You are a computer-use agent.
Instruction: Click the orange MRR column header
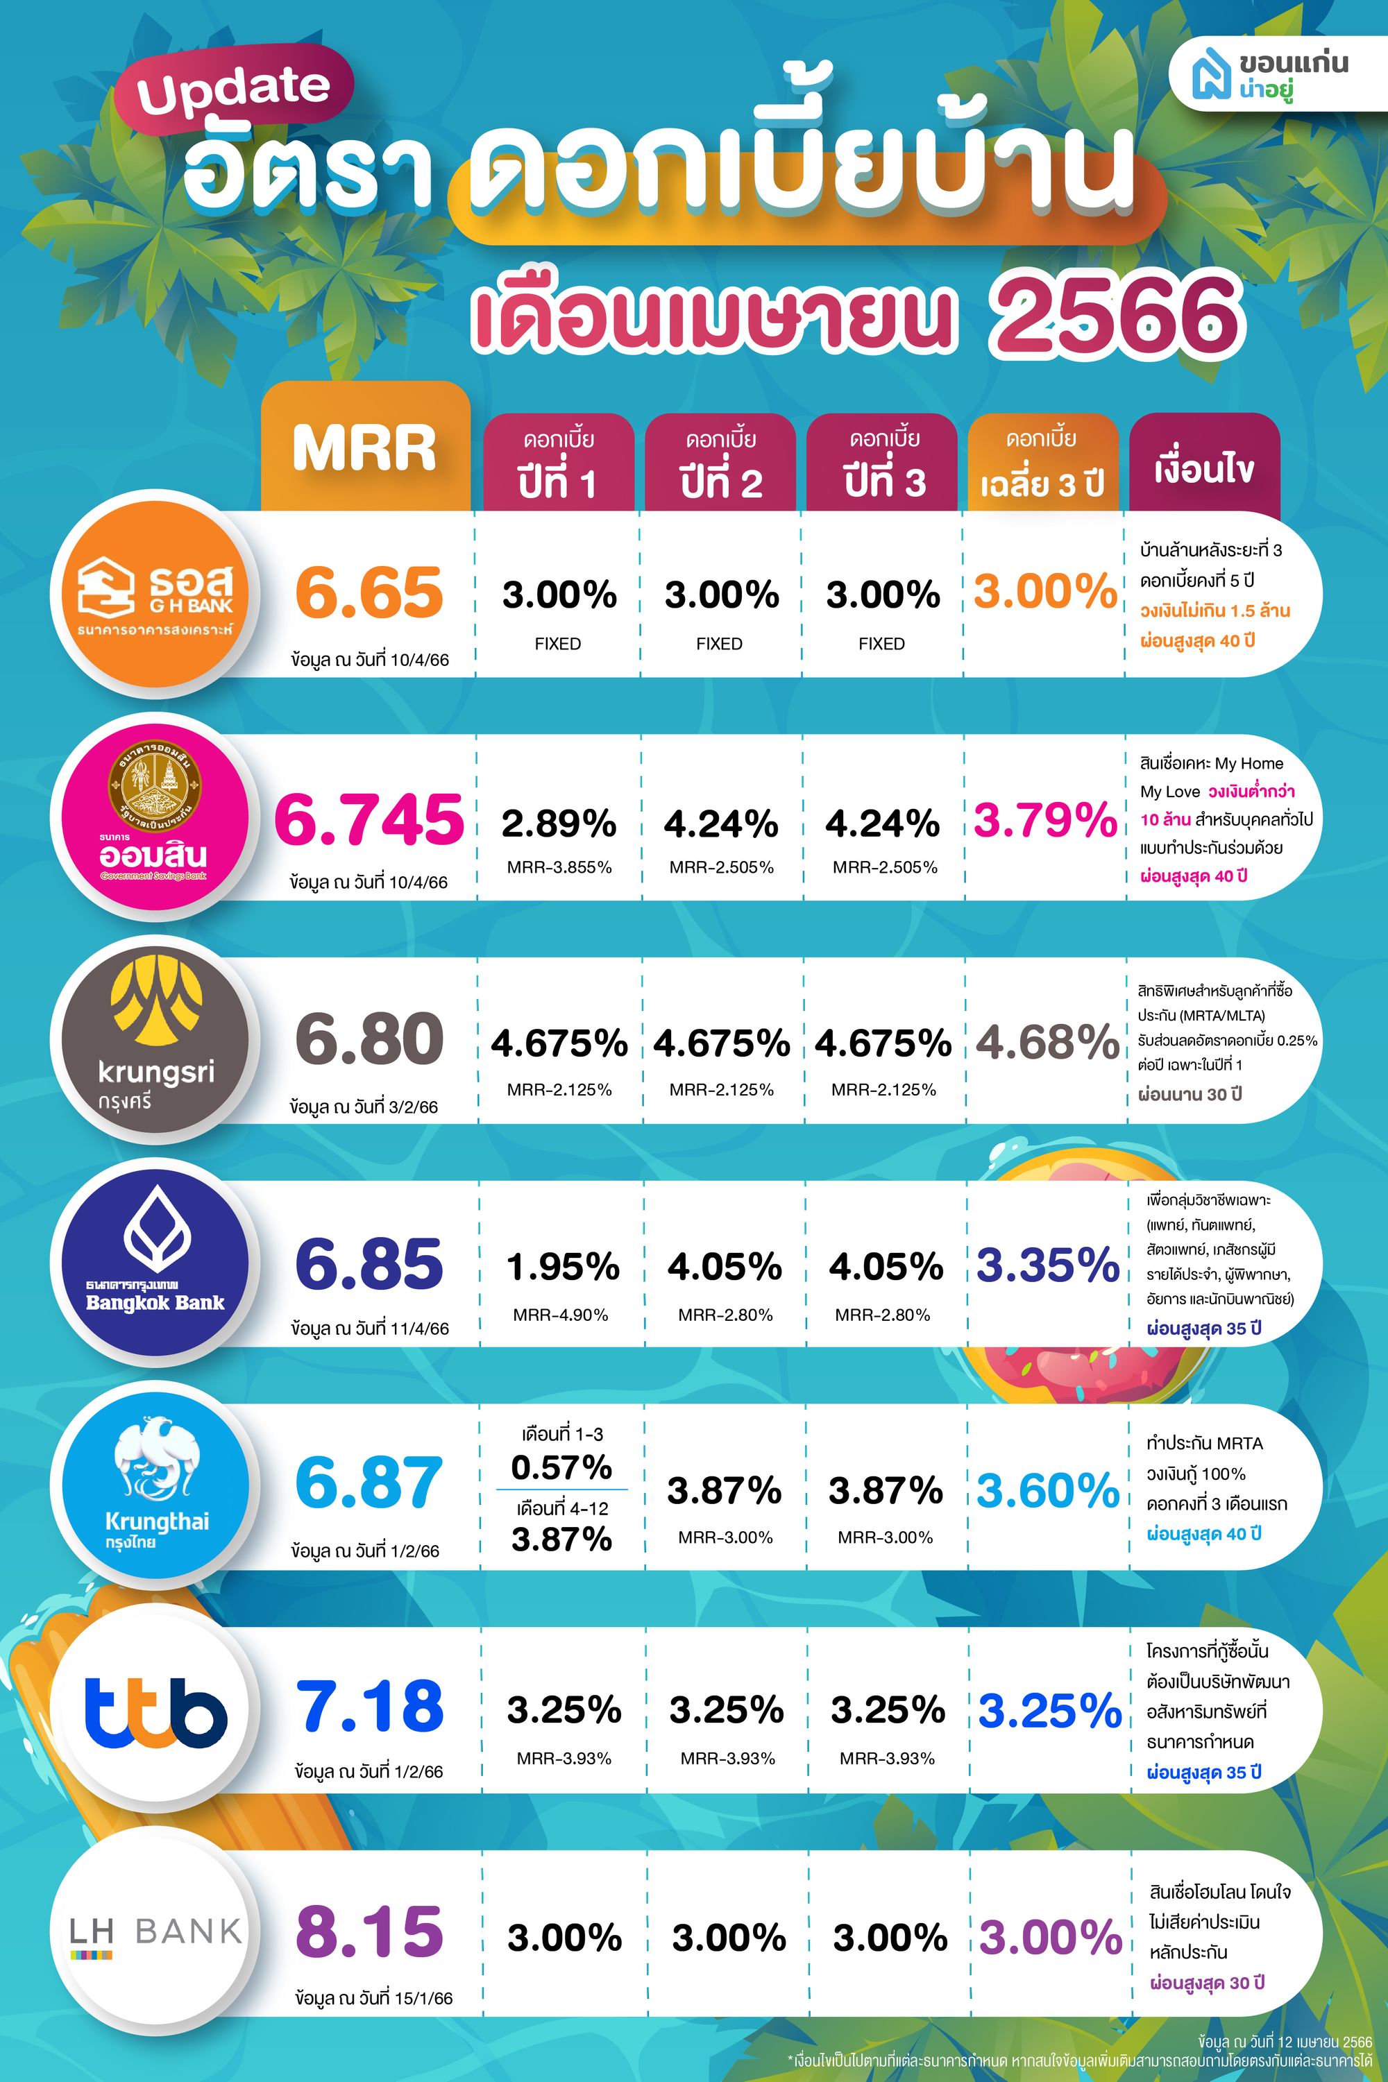pyautogui.click(x=366, y=446)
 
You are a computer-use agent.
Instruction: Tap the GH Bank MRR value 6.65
pyautogui.click(x=369, y=593)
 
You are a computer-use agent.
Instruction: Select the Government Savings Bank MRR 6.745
pyautogui.click(x=369, y=819)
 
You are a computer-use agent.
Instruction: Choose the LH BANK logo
pyautogui.click(x=155, y=1931)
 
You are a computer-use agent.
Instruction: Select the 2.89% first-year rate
pyautogui.click(x=559, y=824)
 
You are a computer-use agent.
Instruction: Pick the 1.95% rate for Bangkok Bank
pyautogui.click(x=562, y=1267)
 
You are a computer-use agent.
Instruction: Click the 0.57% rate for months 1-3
pyautogui.click(x=561, y=1467)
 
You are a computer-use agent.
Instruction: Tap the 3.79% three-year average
pyautogui.click(x=1045, y=819)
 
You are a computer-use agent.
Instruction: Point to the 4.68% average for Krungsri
pyautogui.click(x=1048, y=1042)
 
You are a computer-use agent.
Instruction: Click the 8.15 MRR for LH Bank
pyautogui.click(x=369, y=1931)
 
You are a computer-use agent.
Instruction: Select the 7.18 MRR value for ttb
pyautogui.click(x=369, y=1707)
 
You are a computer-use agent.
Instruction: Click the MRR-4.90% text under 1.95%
pyautogui.click(x=560, y=1315)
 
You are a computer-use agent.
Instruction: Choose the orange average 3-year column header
pyautogui.click(x=1042, y=463)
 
